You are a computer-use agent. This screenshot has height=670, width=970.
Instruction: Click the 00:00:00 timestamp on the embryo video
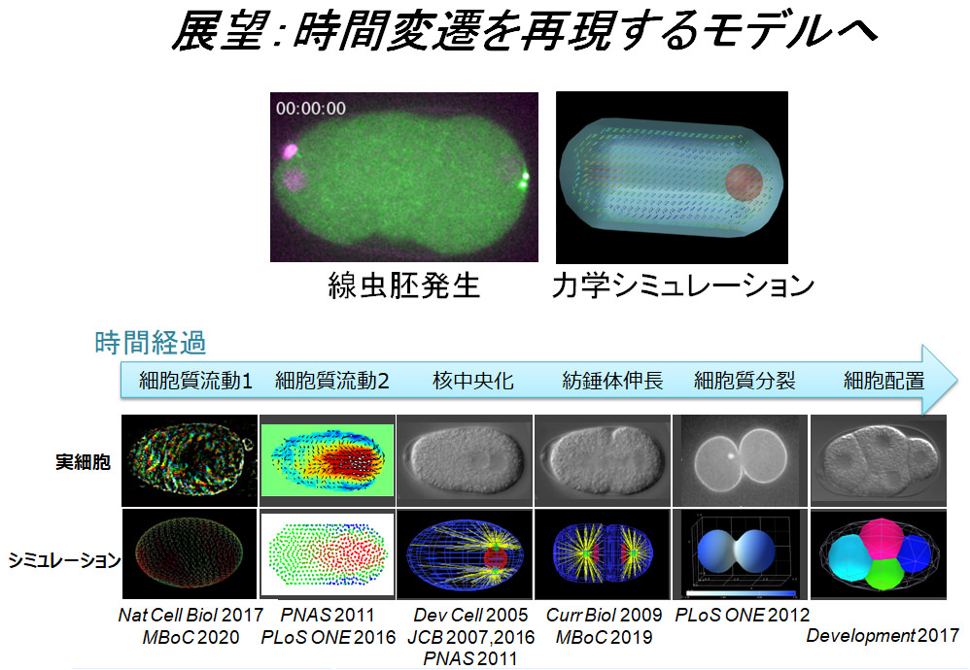(x=311, y=109)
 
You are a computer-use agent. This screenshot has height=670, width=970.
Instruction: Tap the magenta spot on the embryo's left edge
(x=291, y=151)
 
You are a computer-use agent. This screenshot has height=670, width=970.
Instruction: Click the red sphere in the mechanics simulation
(x=744, y=183)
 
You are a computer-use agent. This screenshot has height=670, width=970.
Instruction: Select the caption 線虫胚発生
(x=403, y=286)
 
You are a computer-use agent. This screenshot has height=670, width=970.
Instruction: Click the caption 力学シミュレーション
(x=683, y=286)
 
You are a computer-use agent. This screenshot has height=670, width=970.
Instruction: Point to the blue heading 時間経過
(x=151, y=343)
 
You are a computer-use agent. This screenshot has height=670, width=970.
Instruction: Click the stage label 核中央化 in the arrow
(x=473, y=381)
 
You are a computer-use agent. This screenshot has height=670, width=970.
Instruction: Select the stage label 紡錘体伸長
(x=612, y=381)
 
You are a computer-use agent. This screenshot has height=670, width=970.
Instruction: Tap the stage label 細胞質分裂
(x=745, y=381)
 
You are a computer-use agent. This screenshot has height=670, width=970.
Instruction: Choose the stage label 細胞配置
(x=884, y=381)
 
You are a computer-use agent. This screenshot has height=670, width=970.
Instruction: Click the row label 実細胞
(x=83, y=461)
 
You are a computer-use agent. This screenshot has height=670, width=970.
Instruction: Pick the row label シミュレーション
(x=64, y=560)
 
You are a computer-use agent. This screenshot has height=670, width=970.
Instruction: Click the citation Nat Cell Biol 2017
(x=191, y=615)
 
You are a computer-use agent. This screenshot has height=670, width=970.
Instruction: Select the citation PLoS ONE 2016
(x=328, y=637)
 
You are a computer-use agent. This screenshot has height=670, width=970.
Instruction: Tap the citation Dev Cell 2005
(x=470, y=615)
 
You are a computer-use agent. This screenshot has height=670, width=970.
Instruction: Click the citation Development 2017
(x=883, y=636)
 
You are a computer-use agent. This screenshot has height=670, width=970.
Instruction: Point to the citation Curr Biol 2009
(x=604, y=615)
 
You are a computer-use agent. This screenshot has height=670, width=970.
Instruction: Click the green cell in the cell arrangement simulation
(x=885, y=572)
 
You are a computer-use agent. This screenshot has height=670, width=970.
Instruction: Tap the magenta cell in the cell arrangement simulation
(x=883, y=538)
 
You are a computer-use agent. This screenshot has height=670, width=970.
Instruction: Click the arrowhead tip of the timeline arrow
(x=958, y=380)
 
